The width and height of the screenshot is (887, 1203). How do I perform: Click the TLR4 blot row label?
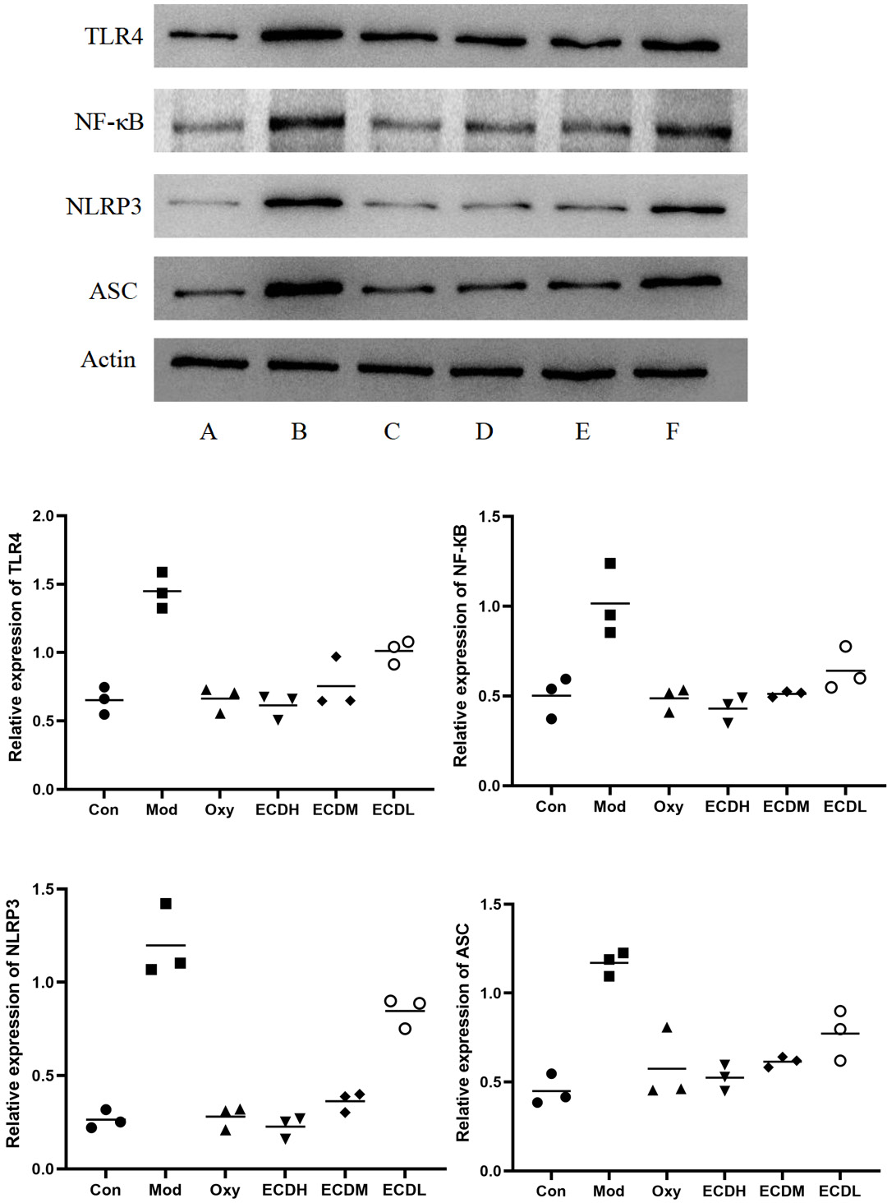tap(113, 37)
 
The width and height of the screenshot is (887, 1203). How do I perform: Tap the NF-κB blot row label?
tap(108, 122)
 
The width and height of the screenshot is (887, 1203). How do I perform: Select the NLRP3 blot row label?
tap(103, 206)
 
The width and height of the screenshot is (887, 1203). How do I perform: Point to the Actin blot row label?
tap(108, 360)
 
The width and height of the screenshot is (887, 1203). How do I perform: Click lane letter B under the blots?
tap(299, 431)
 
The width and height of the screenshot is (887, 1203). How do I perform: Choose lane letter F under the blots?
tap(672, 431)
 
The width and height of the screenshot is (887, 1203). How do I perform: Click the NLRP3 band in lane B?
tap(302, 203)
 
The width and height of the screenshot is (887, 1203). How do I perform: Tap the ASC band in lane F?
tap(680, 283)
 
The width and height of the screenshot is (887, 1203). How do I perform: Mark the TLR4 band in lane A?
tap(203, 35)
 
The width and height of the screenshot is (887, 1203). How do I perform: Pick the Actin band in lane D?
tap(486, 371)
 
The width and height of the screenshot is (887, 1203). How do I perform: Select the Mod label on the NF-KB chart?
tap(609, 807)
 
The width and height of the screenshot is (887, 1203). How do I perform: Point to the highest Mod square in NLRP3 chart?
tap(166, 904)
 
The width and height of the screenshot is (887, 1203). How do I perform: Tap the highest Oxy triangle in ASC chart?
tap(667, 1028)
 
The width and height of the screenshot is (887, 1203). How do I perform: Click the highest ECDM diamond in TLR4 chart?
tap(336, 657)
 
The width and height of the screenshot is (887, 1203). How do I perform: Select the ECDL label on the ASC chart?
tap(839, 1191)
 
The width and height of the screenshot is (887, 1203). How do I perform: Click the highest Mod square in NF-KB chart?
tap(610, 564)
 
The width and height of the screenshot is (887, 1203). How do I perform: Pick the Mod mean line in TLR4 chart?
tap(162, 591)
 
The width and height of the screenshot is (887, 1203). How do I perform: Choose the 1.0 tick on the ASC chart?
tap(490, 993)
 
